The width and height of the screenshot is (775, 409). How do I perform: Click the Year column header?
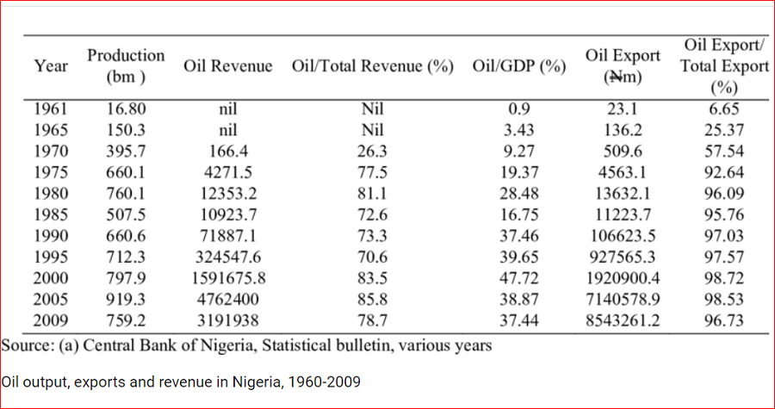[51, 65]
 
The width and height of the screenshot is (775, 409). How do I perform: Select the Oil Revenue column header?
[227, 66]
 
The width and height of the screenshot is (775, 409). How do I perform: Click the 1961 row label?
[51, 109]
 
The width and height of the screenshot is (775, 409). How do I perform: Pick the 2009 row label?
[51, 320]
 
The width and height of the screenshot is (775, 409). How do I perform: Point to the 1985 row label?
[51, 214]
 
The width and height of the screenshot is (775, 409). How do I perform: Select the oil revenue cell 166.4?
[227, 152]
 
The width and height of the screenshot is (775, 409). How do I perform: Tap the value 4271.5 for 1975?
[227, 172]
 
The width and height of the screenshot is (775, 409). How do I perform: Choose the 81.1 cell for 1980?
[371, 194]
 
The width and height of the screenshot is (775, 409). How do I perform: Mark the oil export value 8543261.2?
[623, 320]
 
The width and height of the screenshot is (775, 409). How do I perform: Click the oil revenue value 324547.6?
[227, 257]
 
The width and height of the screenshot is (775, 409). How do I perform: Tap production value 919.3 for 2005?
[126, 299]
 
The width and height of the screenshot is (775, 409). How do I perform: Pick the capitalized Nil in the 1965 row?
[371, 131]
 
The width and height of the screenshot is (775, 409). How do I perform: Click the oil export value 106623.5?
[623, 236]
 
